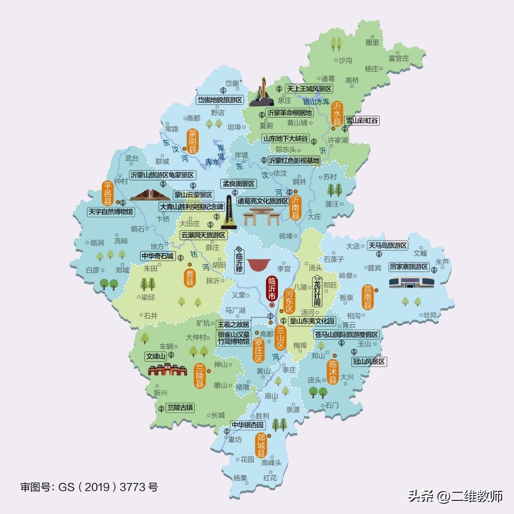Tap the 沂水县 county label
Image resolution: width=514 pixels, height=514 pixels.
(x=337, y=113)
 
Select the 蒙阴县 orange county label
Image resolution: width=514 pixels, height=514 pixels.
(x=193, y=140)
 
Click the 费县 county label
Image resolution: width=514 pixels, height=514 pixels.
(x=190, y=278)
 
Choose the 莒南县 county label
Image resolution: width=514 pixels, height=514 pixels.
(x=368, y=296)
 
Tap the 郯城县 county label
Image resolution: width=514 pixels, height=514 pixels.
(x=261, y=445)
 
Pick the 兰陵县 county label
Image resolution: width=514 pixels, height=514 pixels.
(x=200, y=375)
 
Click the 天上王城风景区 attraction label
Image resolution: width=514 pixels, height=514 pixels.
(x=309, y=89)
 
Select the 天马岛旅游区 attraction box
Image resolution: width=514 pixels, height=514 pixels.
(x=388, y=245)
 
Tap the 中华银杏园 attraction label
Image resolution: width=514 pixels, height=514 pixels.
(x=248, y=425)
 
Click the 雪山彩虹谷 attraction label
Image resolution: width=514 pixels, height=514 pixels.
(x=362, y=121)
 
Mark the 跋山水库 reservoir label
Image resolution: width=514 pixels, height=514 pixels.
(x=316, y=102)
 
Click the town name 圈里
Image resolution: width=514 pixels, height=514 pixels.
(x=372, y=42)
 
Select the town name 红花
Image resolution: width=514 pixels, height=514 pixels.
(x=270, y=478)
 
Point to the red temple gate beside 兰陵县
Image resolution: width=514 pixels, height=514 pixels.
(x=167, y=370)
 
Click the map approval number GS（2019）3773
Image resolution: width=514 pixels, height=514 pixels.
(x=89, y=487)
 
